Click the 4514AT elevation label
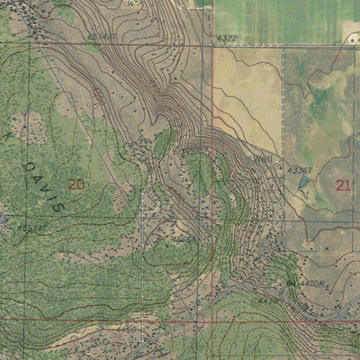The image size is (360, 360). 100,37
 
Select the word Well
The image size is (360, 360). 262,159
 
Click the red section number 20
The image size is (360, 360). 76,184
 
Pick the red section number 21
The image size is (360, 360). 343,185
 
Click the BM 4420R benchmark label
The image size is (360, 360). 307,282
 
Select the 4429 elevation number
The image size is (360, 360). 267,301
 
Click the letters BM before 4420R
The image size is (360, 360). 291,282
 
